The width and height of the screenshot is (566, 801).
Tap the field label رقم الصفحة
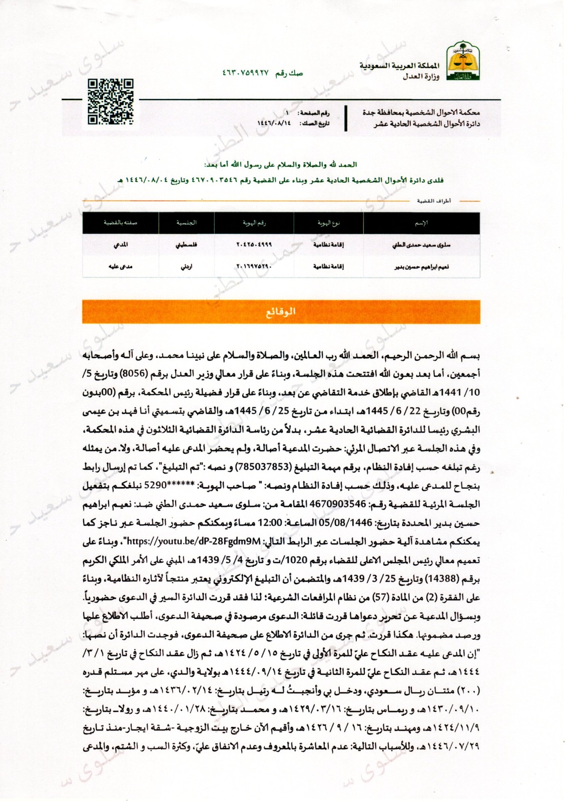314,114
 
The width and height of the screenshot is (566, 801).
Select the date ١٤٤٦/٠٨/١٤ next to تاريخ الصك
274,123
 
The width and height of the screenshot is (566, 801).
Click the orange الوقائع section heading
281,311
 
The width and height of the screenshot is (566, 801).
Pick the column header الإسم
421,223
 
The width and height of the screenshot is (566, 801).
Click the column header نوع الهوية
329,223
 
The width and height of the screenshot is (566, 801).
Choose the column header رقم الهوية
254,223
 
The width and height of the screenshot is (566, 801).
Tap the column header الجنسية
186,223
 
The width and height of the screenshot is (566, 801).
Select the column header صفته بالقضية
120,223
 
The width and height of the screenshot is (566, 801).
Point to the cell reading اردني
186,267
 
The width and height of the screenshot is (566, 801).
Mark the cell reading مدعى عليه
120,267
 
